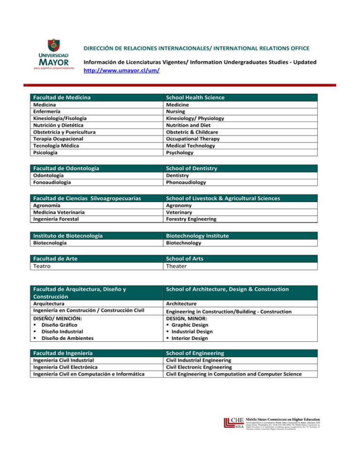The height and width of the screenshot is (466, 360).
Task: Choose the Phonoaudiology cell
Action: click(186, 182)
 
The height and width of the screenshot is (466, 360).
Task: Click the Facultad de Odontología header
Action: click(66, 168)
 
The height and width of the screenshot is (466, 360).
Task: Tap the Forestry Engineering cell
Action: click(191, 219)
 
